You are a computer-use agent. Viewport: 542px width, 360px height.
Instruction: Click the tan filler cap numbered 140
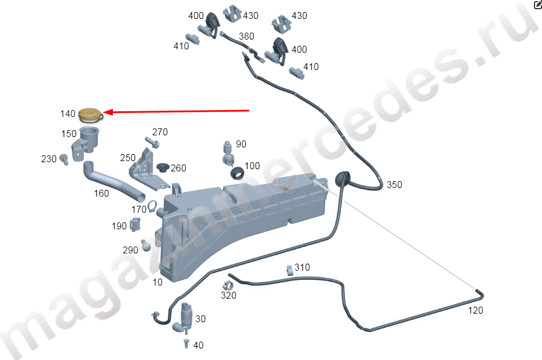click(91, 115)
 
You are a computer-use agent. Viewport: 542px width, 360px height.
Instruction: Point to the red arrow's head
click(108, 112)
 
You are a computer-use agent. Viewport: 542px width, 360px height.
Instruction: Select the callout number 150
click(69, 134)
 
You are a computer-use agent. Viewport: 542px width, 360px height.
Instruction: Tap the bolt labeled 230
click(64, 159)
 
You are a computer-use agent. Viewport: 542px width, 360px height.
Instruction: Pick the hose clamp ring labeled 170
click(152, 206)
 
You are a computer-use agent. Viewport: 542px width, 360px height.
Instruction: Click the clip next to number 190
click(135, 225)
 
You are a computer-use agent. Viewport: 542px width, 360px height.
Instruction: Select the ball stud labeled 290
click(146, 245)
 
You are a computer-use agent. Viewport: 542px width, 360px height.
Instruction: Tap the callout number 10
click(158, 283)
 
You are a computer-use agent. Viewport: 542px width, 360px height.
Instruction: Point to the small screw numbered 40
click(186, 344)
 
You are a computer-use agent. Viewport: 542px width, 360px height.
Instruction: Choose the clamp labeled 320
click(228, 286)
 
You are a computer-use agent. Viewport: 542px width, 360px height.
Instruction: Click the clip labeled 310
click(290, 271)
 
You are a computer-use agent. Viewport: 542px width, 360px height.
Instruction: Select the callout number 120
click(476, 311)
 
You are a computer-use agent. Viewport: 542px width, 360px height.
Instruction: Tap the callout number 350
click(394, 185)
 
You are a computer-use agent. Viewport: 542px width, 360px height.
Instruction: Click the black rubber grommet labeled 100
click(237, 173)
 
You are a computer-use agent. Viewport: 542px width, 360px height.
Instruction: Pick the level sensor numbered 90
click(228, 154)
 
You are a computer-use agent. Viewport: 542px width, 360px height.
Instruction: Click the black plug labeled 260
click(163, 167)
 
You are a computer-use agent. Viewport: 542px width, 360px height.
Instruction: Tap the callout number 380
click(246, 36)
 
